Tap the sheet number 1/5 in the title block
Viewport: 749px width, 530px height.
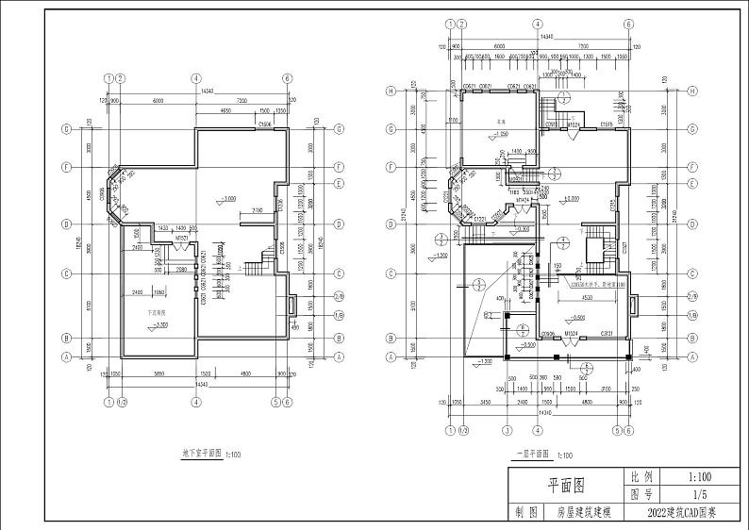(699, 493)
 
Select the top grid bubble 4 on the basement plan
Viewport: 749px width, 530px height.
(195, 78)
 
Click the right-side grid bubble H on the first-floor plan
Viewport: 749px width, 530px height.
(691, 91)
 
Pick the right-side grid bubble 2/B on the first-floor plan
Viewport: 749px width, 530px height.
(691, 297)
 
